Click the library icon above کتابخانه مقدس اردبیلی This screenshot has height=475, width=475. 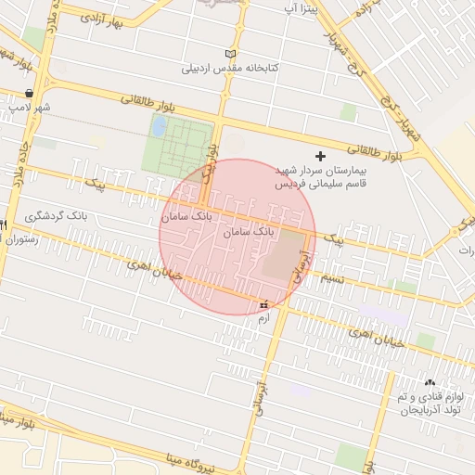[x=231, y=54]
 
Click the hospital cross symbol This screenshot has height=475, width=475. [x=321, y=156]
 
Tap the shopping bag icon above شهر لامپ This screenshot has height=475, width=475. [x=32, y=93]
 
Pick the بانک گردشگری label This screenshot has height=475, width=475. [x=59, y=215]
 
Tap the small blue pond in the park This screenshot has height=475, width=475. [x=159, y=124]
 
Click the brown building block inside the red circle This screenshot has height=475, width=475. [x=285, y=254]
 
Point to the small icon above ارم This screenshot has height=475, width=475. [x=263, y=304]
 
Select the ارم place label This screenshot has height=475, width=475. [x=263, y=318]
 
